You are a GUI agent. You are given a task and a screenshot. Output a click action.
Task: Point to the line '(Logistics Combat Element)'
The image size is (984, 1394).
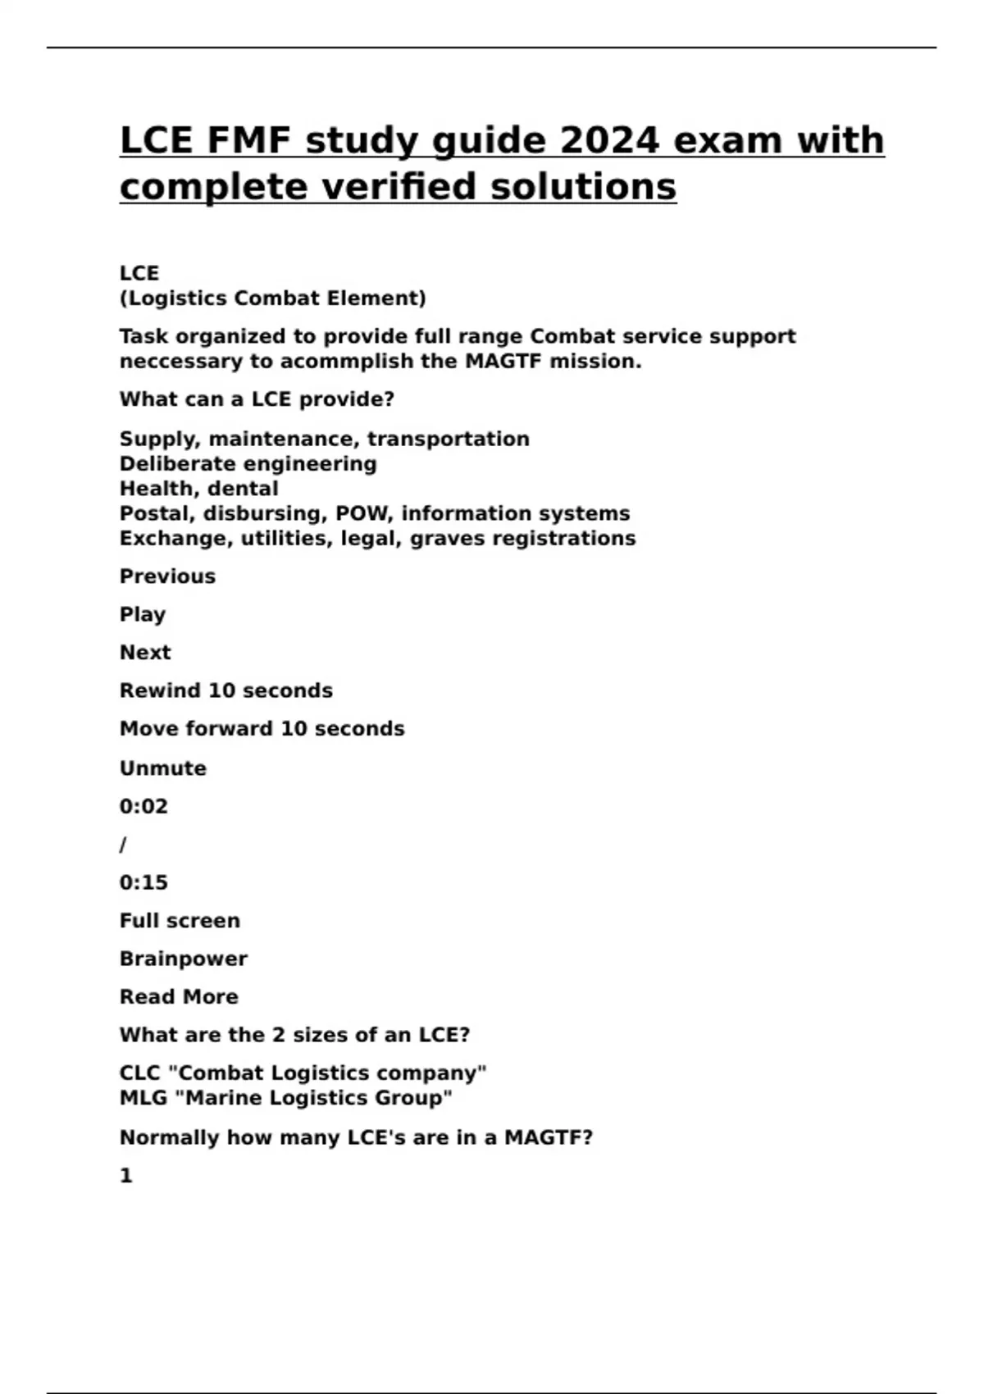click(273, 298)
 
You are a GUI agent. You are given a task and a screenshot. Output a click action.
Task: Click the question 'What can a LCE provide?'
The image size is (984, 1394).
click(257, 400)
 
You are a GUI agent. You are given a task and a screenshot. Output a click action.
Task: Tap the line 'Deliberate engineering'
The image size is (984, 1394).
click(248, 464)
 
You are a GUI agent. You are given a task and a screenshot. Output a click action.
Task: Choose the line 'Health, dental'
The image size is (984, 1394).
click(199, 489)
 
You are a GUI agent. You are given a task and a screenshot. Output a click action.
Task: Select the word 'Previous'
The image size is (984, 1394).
click(167, 576)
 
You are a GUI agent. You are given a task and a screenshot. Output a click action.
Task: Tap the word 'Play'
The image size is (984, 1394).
click(143, 615)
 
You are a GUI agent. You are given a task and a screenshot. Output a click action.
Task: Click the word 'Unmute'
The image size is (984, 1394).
click(163, 768)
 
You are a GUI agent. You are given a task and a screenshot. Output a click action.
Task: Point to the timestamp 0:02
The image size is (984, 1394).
click(143, 807)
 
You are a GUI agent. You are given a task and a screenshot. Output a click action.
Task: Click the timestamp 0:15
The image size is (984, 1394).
click(143, 883)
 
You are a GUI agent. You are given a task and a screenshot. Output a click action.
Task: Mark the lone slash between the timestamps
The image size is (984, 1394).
click(123, 845)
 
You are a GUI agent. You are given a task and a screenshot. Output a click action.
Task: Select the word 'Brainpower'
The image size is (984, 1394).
click(184, 959)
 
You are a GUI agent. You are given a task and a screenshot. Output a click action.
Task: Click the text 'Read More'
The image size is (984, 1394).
click(179, 997)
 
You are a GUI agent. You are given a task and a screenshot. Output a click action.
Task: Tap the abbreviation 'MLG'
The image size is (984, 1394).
click(143, 1098)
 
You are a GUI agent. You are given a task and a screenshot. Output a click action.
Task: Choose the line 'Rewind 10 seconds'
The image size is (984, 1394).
click(226, 691)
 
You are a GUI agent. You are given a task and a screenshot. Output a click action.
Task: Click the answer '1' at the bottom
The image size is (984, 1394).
click(126, 1176)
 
